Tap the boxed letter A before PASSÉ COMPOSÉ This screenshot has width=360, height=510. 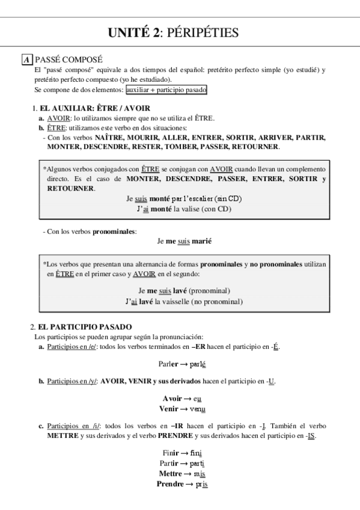[27, 60]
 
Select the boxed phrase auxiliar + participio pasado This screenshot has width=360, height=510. [166, 90]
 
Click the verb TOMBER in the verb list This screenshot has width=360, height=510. [195, 147]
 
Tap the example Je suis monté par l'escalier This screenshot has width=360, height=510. [184, 198]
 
